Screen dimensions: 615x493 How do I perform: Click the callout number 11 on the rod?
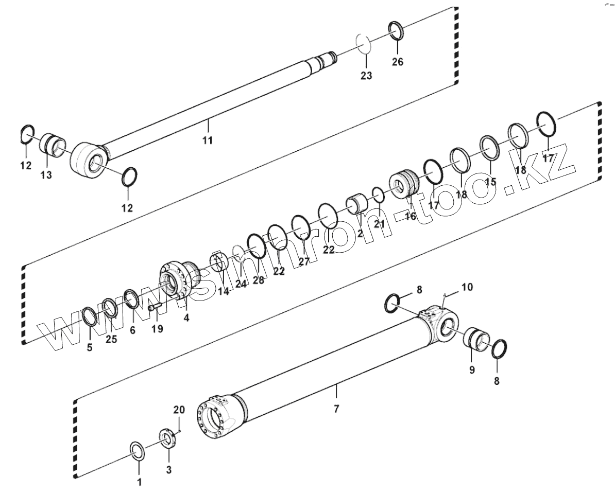pyautogui.click(x=207, y=140)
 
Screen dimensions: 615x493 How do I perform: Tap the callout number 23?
pyautogui.click(x=366, y=75)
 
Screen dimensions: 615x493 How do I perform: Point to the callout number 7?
pyautogui.click(x=336, y=409)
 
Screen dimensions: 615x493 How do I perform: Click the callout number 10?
pyautogui.click(x=466, y=287)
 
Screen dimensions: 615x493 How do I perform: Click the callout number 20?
pyautogui.click(x=179, y=410)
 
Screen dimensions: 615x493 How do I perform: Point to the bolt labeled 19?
pyautogui.click(x=155, y=308)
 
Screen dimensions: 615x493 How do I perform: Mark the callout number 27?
pyautogui.click(x=304, y=261)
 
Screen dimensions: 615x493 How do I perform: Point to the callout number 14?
pyautogui.click(x=223, y=291)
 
